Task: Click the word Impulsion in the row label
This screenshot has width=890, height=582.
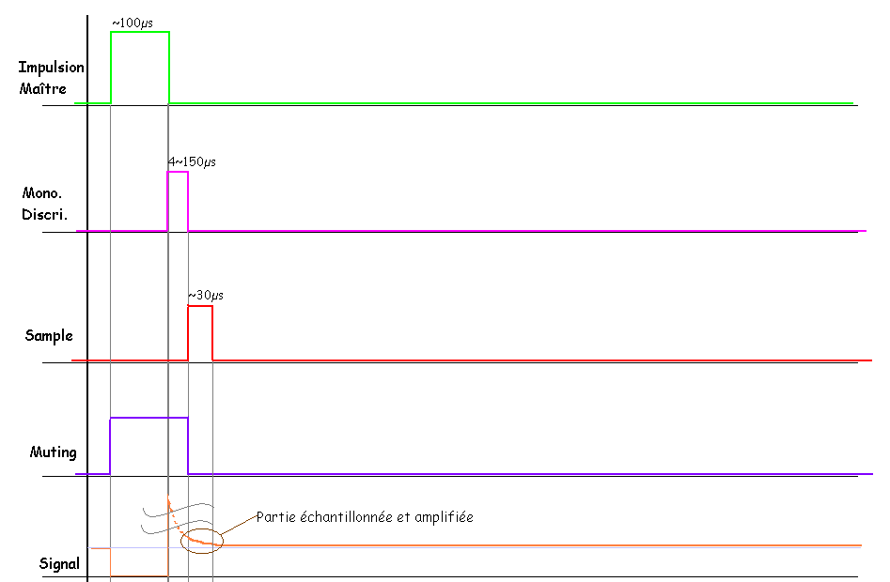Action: (x=52, y=68)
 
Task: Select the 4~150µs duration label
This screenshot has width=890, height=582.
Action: (x=192, y=162)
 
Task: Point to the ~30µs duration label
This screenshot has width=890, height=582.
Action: (x=206, y=296)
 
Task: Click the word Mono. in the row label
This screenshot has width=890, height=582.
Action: (x=41, y=193)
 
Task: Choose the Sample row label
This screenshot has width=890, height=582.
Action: (x=49, y=335)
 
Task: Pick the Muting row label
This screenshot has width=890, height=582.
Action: (x=53, y=452)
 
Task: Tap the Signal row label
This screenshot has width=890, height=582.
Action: (x=59, y=564)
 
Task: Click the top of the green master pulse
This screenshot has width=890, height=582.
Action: (x=140, y=33)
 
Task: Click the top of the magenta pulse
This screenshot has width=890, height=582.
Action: (x=178, y=173)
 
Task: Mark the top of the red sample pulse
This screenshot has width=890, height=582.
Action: (x=200, y=306)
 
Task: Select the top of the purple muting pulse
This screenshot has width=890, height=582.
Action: (x=148, y=418)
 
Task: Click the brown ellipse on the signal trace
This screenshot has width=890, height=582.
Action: (x=205, y=541)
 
